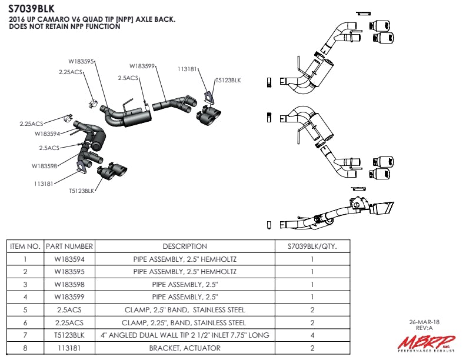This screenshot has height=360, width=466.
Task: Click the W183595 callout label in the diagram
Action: [81, 61]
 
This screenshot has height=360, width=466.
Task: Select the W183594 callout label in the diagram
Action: [48, 134]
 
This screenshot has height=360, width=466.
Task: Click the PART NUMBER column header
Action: [69, 246]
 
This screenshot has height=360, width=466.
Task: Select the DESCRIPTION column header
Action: [185, 246]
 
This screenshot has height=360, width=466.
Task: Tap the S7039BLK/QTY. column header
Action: [312, 246]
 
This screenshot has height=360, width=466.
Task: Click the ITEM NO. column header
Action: [25, 246]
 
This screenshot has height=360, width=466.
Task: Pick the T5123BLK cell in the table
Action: [69, 335]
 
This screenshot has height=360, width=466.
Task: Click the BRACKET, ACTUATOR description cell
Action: [185, 348]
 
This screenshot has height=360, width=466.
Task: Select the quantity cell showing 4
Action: [312, 335]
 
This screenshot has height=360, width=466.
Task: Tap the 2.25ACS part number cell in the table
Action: [69, 322]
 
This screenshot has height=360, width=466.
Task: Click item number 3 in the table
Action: [25, 284]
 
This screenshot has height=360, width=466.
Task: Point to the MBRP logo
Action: [425, 344]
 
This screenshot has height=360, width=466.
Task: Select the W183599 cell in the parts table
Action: [69, 297]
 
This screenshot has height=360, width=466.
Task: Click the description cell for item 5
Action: [185, 310]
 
